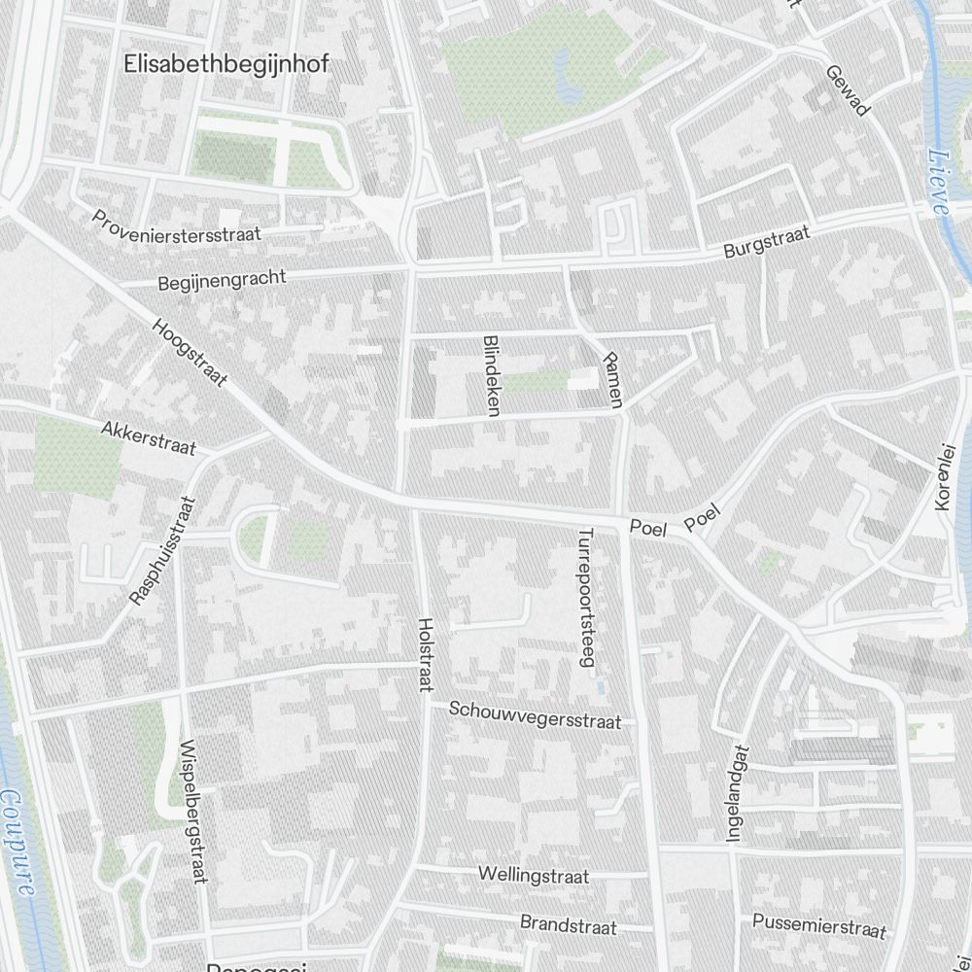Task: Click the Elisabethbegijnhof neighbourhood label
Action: point(226,64)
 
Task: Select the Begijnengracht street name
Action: point(222,280)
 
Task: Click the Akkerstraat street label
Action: point(149,438)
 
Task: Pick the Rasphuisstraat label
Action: point(162,551)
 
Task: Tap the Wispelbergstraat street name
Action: point(194,814)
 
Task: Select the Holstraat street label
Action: point(424,655)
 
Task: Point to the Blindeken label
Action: point(491,376)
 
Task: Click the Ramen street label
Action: point(611,380)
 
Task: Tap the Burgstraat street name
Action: point(768,243)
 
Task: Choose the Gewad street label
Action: point(847,90)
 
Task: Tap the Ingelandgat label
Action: point(738,792)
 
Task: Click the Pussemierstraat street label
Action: point(820,925)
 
